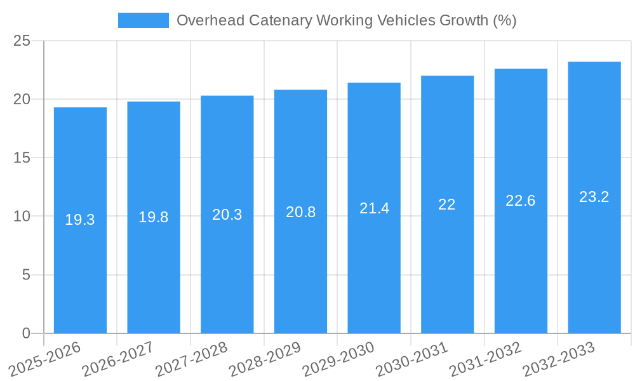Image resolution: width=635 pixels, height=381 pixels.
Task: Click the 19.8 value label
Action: pos(154,217)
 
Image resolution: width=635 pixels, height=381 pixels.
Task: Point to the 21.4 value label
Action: pos(374,208)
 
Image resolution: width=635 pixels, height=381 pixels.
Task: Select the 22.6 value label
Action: pos(521,201)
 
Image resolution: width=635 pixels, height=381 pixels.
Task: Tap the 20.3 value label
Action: pos(227,215)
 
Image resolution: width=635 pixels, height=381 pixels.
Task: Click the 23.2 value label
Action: pos(594,197)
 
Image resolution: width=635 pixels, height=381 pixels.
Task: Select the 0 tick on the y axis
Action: pos(26,333)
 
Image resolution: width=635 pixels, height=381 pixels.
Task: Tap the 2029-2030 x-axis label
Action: pos(338,359)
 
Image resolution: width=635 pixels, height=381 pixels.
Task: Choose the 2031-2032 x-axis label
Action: pos(485,359)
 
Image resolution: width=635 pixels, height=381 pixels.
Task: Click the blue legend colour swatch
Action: pos(144,20)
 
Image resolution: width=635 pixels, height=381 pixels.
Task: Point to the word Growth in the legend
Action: pos(464,20)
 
